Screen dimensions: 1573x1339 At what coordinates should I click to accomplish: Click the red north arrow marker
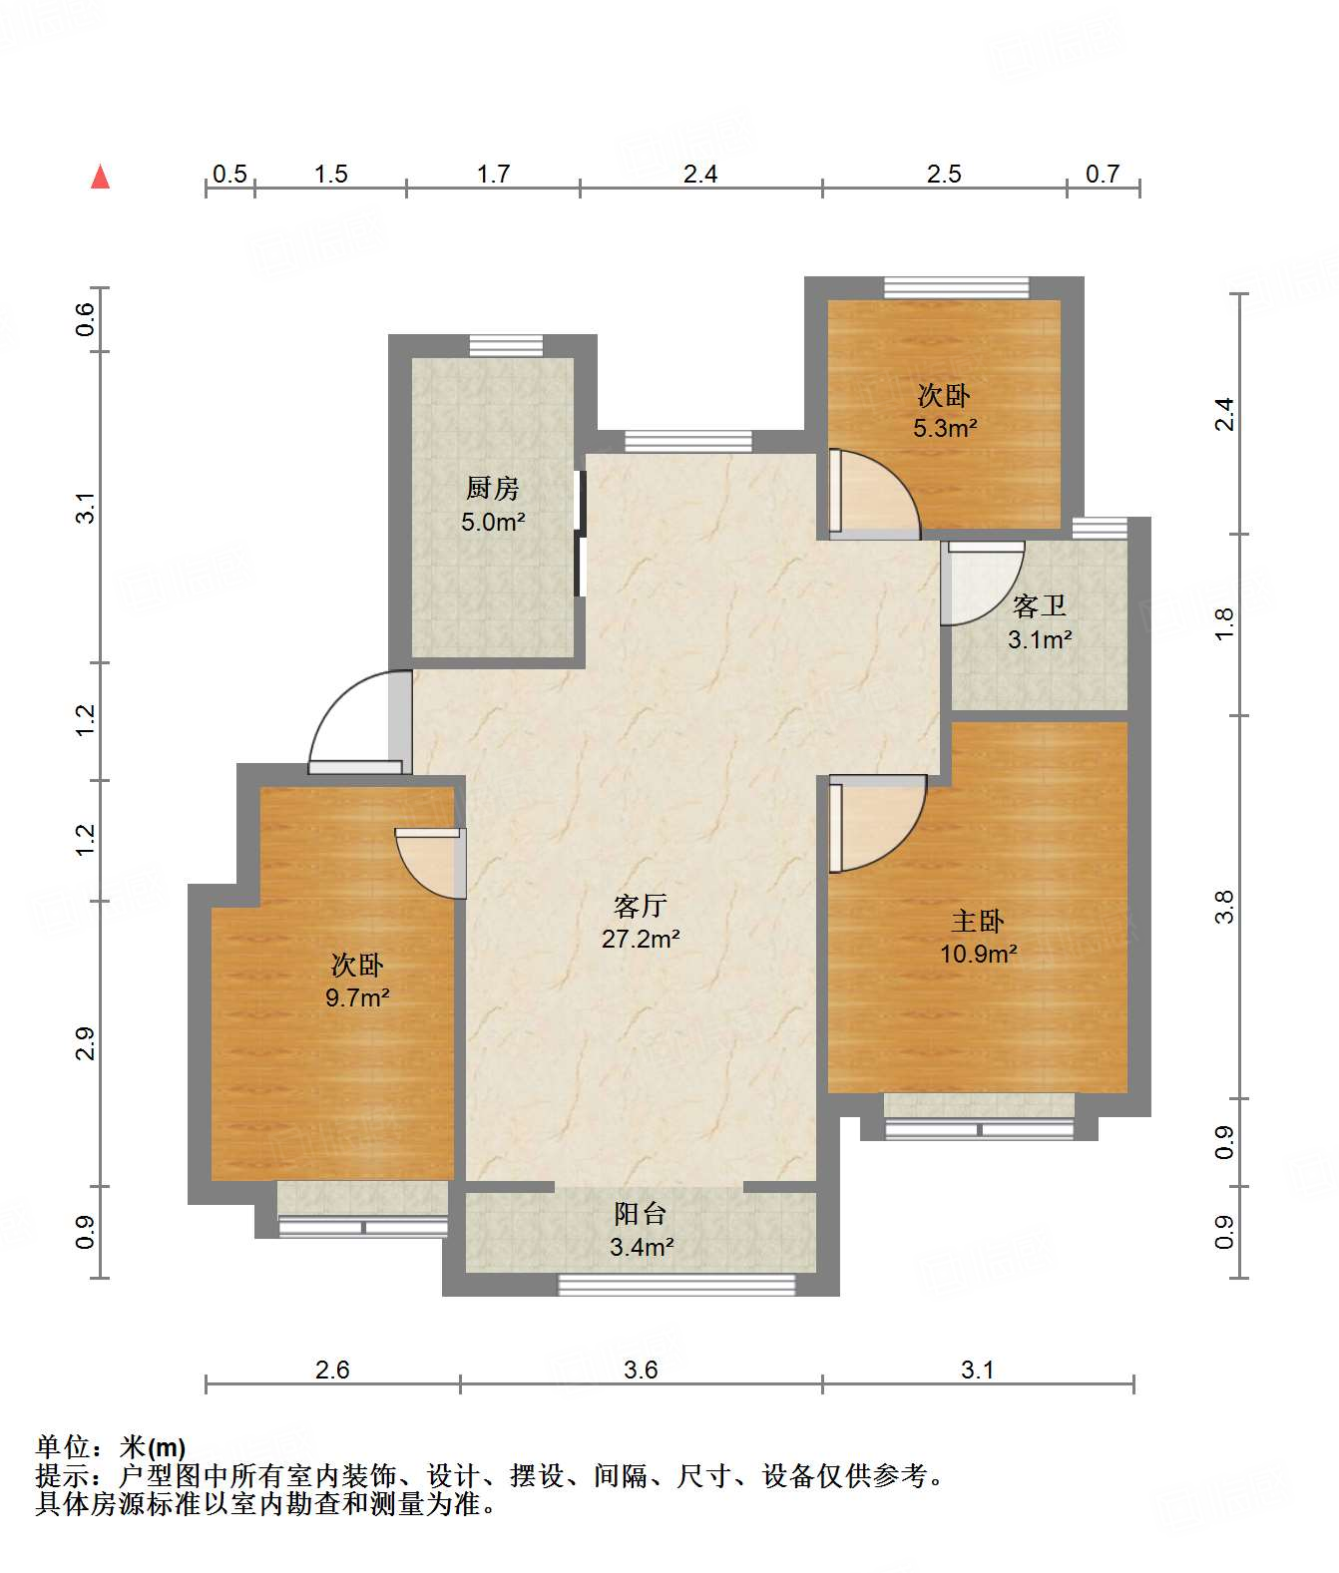point(100,178)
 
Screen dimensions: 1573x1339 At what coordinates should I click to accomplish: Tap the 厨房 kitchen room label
point(492,488)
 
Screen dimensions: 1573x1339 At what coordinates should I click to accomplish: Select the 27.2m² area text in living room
point(641,939)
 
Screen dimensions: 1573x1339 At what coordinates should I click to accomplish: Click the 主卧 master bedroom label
point(977,921)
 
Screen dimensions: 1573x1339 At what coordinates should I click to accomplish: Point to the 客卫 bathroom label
point(1039,605)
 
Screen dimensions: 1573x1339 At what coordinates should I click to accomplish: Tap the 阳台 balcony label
point(640,1214)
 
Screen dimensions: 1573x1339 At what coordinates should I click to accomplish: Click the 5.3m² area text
point(944,429)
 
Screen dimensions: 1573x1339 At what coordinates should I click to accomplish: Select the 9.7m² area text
point(357,996)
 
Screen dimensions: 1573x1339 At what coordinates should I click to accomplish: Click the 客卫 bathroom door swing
point(983,584)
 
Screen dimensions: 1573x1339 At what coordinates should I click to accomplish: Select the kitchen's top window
point(506,346)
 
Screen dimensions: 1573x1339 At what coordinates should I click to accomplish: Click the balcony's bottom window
point(675,1284)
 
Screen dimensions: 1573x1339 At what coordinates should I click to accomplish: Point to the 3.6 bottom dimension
point(641,1370)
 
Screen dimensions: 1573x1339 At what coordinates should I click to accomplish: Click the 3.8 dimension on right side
point(1224,907)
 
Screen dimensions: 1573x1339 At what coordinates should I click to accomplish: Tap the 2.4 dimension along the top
point(700,174)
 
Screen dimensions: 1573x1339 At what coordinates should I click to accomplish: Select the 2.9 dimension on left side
point(85,1043)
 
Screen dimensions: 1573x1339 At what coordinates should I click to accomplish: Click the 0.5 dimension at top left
point(229,174)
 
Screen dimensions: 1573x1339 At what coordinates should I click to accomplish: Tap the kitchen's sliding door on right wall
point(580,534)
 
